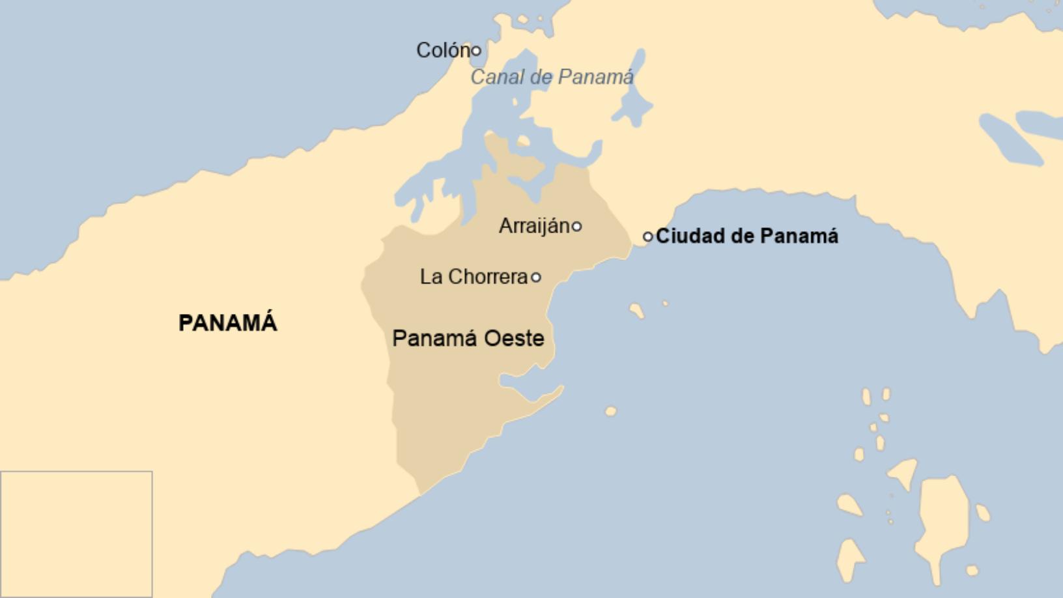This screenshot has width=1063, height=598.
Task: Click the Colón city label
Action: pos(443,50)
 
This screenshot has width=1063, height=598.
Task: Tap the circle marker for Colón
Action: pos(476,50)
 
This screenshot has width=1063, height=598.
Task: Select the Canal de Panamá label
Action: pos(552,77)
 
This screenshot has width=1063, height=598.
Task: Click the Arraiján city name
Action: pos(534,226)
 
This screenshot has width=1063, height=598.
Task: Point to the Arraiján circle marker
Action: pos(576,227)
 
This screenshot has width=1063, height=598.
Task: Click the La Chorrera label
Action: pos(474,277)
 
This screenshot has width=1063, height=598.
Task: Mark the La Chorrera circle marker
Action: pos(535,277)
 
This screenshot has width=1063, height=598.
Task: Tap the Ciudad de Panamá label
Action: pos(746,236)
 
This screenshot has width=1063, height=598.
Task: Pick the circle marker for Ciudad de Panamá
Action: pos(647,236)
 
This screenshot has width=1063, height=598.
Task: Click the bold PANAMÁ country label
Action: pos(228,323)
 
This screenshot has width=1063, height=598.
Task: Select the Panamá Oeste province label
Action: pos(468,338)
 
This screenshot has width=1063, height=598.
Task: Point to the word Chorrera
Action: pos(488,277)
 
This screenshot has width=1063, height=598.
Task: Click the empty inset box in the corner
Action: pos(76,534)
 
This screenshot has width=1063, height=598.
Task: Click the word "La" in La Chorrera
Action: pos(431,277)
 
